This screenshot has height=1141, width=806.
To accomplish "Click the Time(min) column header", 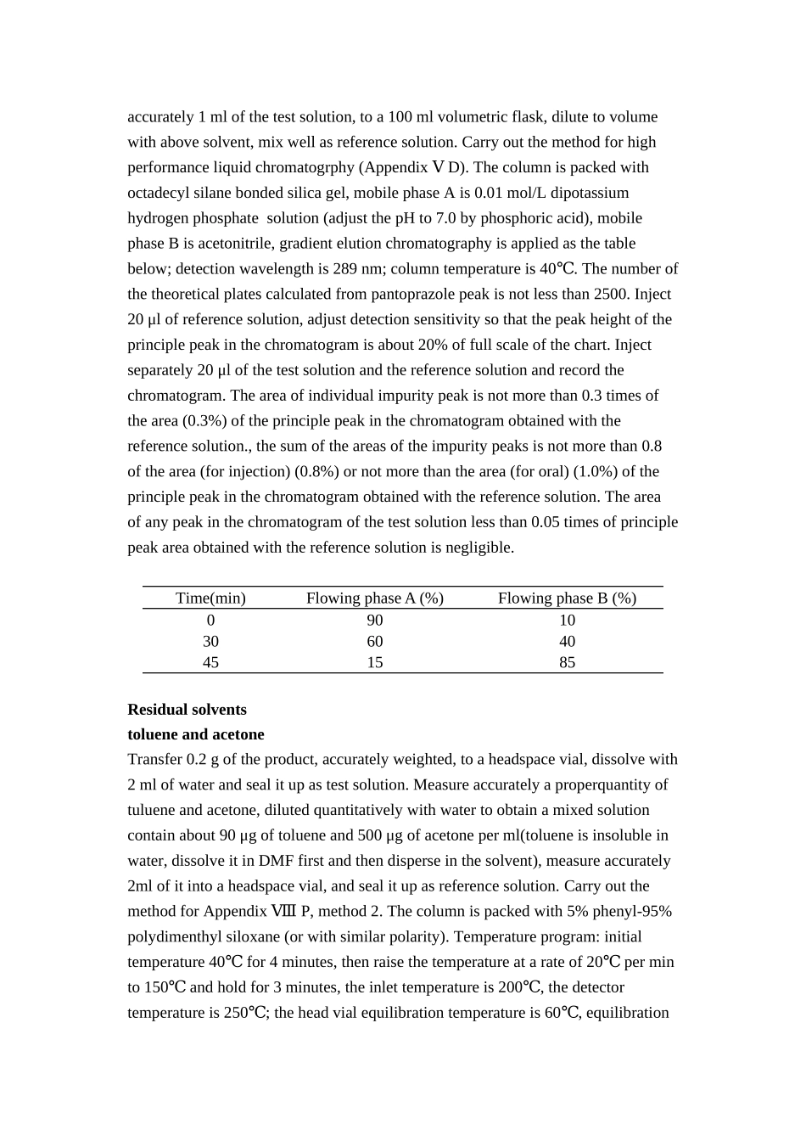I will coord(210,598).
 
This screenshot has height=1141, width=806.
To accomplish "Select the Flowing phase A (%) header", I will coord(374,598).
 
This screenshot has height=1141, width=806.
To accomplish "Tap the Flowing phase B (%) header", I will coord(567,598).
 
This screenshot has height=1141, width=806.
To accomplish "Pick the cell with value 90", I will coord(374,620).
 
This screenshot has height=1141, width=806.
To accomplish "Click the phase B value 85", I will coord(567,662).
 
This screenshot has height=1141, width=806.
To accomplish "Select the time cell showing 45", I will coord(210,662).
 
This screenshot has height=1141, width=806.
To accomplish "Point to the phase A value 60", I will coord(374,641).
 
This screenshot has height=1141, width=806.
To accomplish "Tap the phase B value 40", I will coord(567,641).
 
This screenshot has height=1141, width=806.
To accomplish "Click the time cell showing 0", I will coord(210,620).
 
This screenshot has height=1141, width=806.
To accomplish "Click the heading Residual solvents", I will coord(187,709).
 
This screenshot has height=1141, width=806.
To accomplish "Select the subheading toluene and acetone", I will coord(196,734).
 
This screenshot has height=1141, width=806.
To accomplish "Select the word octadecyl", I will coord(157,193).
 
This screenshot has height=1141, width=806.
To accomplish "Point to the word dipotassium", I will coord(591,193).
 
